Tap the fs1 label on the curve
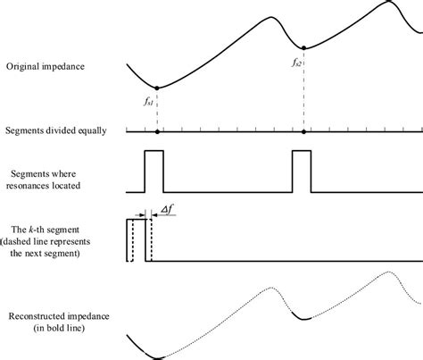tap(146, 102)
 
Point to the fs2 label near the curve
tap(296, 63)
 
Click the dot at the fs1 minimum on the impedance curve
tap(157, 88)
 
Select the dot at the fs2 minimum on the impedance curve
tap(305, 47)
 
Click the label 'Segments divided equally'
tap(55, 130)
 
